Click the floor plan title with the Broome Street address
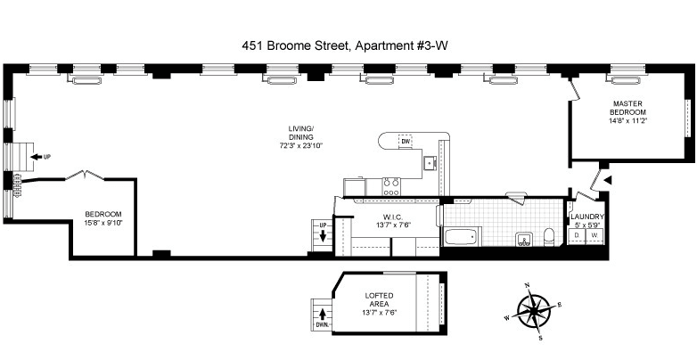click(345, 45)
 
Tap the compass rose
click(533, 311)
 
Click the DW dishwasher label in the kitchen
click(405, 142)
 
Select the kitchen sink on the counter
click(430, 163)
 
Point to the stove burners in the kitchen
click(391, 186)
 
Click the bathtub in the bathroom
click(462, 235)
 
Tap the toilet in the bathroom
click(550, 237)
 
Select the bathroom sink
click(523, 239)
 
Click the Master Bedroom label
click(627, 108)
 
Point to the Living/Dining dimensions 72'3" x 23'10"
click(299, 145)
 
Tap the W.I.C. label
click(392, 217)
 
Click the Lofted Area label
click(379, 300)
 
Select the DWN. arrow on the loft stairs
click(323, 315)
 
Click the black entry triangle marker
click(608, 180)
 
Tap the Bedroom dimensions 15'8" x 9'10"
click(103, 222)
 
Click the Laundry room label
click(587, 217)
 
